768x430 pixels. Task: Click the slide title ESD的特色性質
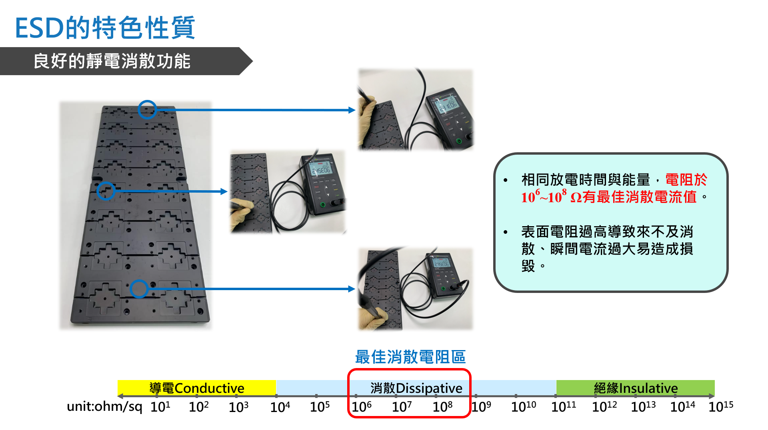point(105,28)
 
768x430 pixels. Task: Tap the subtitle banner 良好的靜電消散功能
point(112,61)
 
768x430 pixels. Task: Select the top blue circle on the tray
point(147,109)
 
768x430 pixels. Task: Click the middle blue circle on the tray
point(106,191)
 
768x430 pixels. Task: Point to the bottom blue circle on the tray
point(139,289)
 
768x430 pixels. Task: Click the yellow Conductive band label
point(196,388)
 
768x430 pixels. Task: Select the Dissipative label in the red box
point(416,388)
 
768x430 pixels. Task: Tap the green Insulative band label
point(636,388)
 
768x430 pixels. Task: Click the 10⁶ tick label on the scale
point(361,406)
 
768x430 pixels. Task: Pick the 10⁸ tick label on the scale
point(442,406)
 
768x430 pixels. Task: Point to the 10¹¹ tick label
point(564,406)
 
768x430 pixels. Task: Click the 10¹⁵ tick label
point(721,406)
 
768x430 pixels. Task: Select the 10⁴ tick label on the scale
point(280,406)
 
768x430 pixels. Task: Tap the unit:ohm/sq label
point(104,406)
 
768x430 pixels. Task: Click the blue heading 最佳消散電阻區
point(410,357)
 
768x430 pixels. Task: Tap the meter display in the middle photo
point(321,170)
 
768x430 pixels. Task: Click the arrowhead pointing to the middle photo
point(224,191)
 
